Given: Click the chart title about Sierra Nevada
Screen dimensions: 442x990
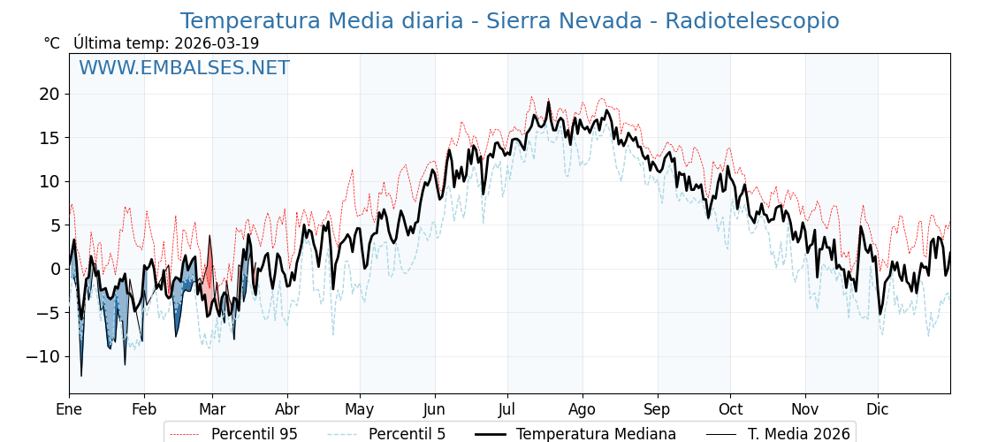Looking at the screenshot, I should [509, 21].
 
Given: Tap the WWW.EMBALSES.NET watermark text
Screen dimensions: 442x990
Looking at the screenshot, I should [184, 68].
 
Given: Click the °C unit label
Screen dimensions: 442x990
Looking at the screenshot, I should [51, 43].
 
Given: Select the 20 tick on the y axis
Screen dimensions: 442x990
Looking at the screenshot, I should [49, 94].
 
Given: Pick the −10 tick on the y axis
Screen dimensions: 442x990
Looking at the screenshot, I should [44, 356].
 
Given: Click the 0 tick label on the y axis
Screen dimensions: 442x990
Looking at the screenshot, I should [55, 269].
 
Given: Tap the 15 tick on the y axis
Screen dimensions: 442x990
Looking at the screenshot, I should [49, 138].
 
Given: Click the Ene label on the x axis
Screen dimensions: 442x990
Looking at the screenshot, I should [69, 409].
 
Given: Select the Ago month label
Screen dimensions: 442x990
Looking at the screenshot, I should [583, 409].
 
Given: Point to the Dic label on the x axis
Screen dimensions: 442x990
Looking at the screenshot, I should [878, 409].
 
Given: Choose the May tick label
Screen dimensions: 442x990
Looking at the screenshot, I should [360, 409].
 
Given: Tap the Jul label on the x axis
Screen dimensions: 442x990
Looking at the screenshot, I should [507, 409].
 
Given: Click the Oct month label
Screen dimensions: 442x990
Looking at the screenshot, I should [730, 409].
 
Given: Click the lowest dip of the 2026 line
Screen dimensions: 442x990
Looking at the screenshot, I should [81, 376].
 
